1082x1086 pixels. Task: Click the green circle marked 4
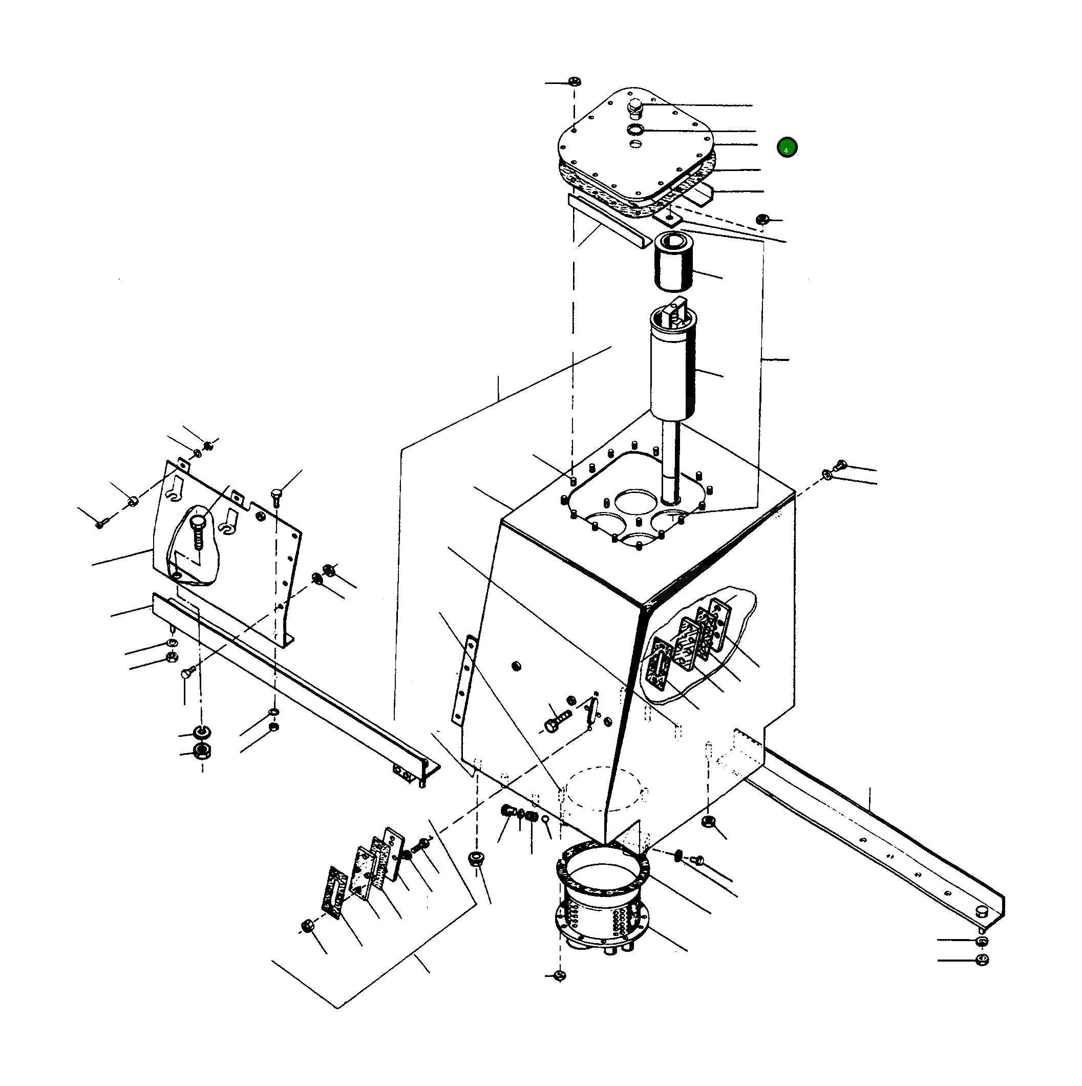tap(787, 148)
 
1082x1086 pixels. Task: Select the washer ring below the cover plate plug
tap(635, 130)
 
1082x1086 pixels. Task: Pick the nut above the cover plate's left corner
tap(574, 81)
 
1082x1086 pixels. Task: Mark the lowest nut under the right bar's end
tap(982, 960)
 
